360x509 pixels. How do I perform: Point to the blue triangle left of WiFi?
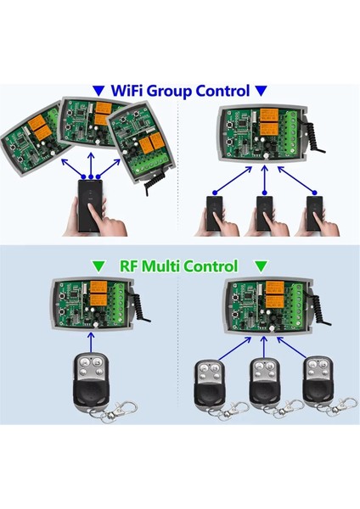pyautogui.click(x=100, y=91)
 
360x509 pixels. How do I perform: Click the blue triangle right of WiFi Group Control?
pyautogui.click(x=262, y=91)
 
